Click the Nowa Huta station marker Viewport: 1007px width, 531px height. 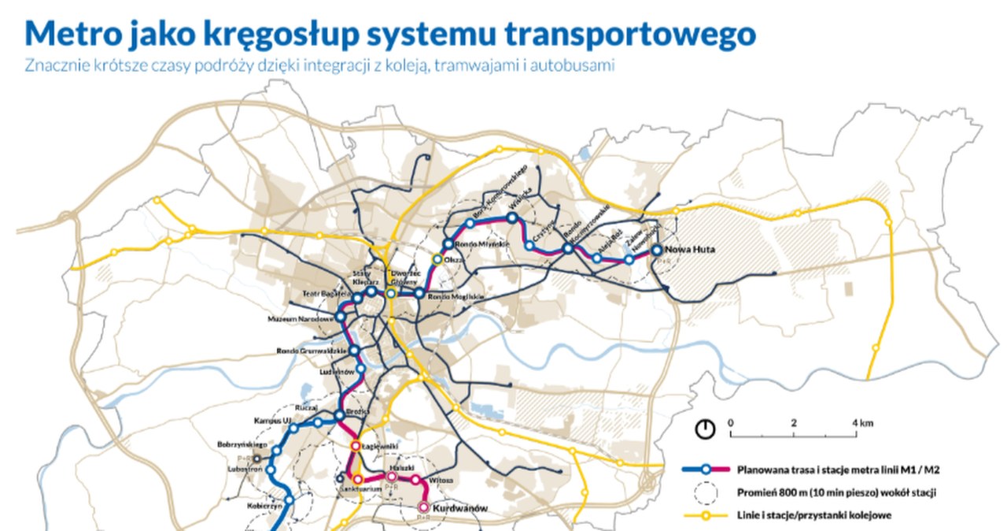pyautogui.click(x=657, y=251)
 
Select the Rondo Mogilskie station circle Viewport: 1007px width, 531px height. pyautogui.click(x=419, y=294)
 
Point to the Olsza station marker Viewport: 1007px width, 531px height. pyautogui.click(x=437, y=258)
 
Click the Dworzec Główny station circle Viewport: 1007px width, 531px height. pyautogui.click(x=391, y=294)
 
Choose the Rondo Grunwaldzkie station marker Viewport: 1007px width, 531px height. pyautogui.click(x=354, y=351)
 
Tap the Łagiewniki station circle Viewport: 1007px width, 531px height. pyautogui.click(x=355, y=445)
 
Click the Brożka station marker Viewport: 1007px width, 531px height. pyautogui.click(x=340, y=415)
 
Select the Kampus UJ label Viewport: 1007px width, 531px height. pyautogui.click(x=273, y=420)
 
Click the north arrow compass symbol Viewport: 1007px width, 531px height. pyautogui.click(x=705, y=429)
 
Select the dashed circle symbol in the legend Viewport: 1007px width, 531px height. pyautogui.click(x=706, y=492)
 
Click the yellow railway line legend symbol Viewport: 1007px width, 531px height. pyautogui.click(x=706, y=515)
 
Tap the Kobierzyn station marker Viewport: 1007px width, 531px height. pyautogui.click(x=289, y=499)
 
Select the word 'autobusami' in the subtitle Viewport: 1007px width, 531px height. pyautogui.click(x=574, y=66)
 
